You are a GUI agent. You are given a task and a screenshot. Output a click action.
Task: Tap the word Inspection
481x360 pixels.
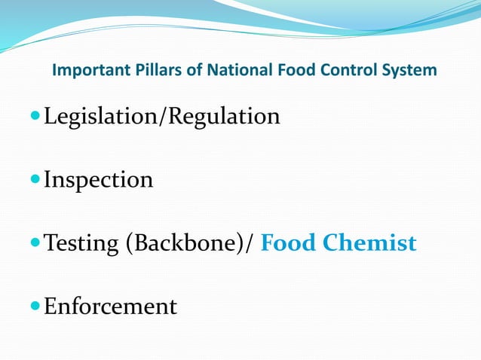point(98,180)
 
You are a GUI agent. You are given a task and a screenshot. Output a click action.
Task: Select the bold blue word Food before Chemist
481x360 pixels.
point(290,243)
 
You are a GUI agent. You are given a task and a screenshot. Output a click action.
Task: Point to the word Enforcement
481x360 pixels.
point(110,307)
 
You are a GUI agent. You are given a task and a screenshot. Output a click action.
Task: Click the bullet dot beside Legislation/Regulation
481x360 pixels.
point(35,117)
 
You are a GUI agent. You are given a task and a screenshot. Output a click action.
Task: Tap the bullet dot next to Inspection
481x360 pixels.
point(35,181)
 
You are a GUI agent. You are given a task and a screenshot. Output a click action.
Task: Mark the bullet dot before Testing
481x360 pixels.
point(35,244)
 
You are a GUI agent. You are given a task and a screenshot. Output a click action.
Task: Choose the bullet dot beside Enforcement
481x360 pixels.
point(35,307)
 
